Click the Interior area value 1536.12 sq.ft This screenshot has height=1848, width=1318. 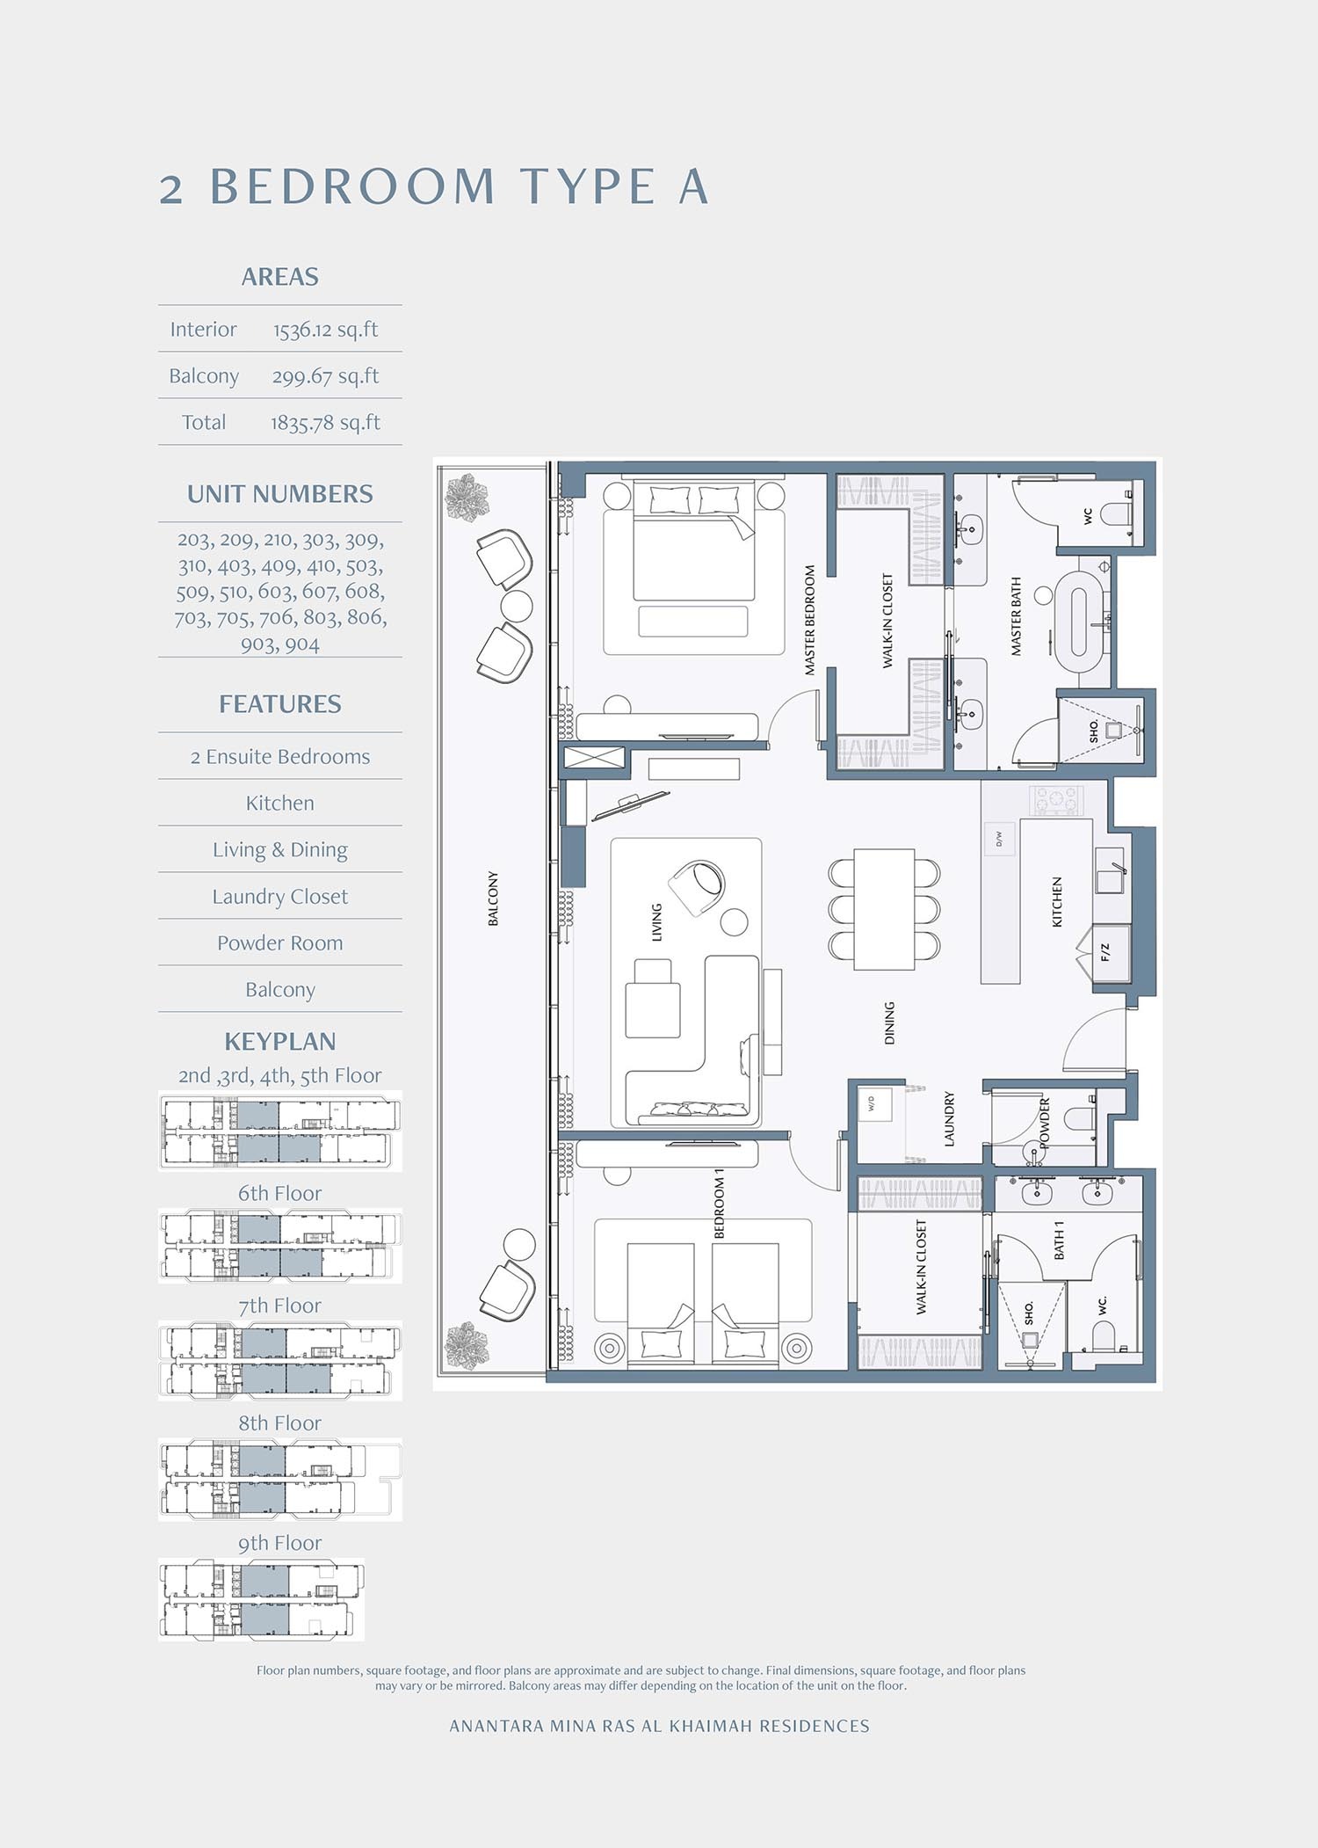[325, 330]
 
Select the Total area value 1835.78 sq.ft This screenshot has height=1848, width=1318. [325, 423]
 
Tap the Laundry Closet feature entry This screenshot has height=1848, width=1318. [279, 897]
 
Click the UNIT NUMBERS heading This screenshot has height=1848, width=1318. [279, 494]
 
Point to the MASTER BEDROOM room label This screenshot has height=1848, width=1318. [809, 620]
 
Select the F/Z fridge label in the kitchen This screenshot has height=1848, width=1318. [1105, 951]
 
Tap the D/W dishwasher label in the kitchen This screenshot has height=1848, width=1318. [999, 839]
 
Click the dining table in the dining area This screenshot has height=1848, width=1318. [884, 909]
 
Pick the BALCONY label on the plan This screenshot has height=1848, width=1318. [493, 899]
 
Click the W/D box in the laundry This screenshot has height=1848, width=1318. [873, 1103]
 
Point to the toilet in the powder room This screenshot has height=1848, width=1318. [1079, 1119]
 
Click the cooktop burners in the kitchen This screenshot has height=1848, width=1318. [1056, 801]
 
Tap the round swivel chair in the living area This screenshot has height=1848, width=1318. [698, 886]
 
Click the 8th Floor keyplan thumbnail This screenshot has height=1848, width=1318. [279, 1480]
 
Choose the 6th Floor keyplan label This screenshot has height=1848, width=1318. [279, 1193]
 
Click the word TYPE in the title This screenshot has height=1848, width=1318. [587, 187]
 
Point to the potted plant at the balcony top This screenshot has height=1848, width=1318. [466, 498]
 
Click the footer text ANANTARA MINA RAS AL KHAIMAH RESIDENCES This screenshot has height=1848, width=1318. [659, 1726]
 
